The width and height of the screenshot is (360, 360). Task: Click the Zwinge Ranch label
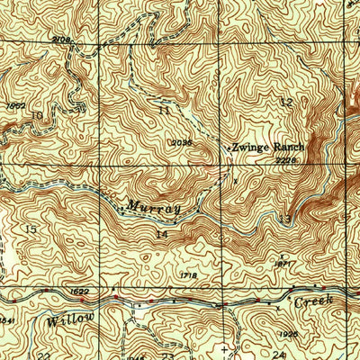[x=268, y=147]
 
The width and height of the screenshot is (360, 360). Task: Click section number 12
[x=286, y=103]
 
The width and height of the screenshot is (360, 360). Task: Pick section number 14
[x=162, y=235]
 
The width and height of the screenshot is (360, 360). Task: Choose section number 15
[x=31, y=230]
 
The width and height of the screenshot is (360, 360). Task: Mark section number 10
[x=36, y=114]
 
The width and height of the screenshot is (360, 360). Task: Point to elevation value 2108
[x=61, y=40]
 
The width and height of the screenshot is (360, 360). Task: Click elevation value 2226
[x=286, y=160]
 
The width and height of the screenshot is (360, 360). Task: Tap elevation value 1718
[x=187, y=275]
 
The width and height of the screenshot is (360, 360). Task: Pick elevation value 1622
[x=78, y=292]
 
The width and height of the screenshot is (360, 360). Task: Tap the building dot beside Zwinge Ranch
[x=226, y=145]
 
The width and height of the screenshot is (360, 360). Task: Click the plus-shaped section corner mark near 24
[x=224, y=347]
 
